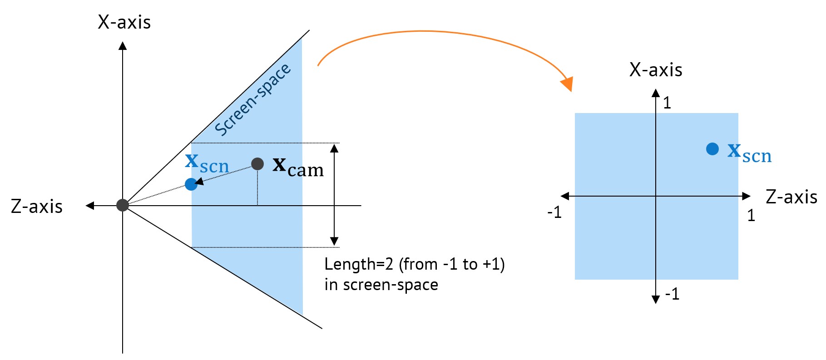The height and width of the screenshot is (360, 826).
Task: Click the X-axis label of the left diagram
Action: [124, 22]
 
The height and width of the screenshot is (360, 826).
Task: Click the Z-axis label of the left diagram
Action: [37, 207]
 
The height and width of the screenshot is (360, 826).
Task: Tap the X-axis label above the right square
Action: [655, 70]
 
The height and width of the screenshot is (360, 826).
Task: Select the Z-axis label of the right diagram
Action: [791, 197]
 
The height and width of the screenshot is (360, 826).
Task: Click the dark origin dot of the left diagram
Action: [123, 205]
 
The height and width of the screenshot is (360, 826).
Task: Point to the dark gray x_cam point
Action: [257, 164]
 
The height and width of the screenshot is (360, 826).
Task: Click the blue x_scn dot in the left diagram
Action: [191, 184]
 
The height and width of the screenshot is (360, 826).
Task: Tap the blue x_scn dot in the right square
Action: [712, 148]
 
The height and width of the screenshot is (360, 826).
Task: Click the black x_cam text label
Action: [298, 167]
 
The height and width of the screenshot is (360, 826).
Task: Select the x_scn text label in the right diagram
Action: [749, 153]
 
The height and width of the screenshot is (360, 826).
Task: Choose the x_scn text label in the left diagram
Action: [207, 163]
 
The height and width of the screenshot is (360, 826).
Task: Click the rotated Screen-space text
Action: [252, 99]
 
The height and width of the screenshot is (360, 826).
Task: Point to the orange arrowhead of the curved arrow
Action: [567, 84]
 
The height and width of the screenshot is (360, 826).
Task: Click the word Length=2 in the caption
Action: [359, 264]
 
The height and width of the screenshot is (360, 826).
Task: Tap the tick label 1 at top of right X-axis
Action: [667, 103]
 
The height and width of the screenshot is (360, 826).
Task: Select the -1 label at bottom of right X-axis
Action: [672, 294]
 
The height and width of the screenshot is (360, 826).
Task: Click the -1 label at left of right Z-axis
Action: [554, 212]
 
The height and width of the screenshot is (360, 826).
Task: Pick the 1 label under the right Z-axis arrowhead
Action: [751, 215]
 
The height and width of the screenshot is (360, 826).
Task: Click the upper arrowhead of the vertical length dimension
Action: [334, 148]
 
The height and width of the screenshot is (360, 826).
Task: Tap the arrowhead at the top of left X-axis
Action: [123, 45]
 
